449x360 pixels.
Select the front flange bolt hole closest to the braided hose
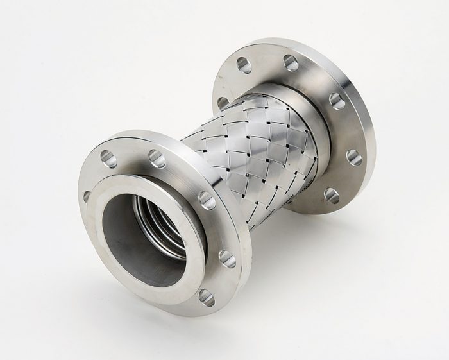[x=206, y=200]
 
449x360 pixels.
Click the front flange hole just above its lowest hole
[x=226, y=258]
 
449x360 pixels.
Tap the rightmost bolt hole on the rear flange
[x=353, y=157]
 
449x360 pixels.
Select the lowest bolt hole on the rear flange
[x=332, y=195]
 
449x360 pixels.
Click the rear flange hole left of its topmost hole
[x=244, y=64]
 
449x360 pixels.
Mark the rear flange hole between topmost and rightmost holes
[x=336, y=100]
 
